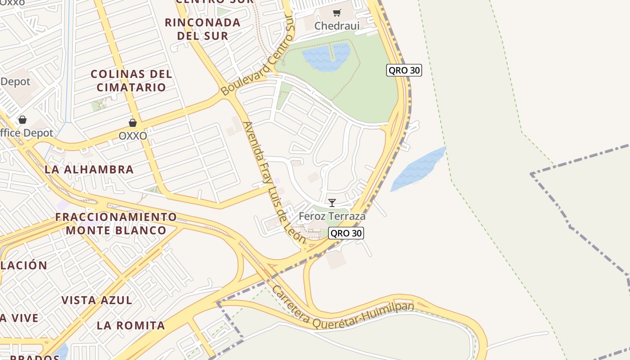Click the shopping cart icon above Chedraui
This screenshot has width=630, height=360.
(337, 13)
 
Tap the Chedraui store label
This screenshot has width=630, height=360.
(337, 26)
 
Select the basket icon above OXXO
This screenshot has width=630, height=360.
(133, 123)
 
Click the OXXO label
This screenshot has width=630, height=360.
(133, 135)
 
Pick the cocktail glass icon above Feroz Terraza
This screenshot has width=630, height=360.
(332, 203)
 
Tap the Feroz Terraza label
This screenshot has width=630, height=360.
(332, 216)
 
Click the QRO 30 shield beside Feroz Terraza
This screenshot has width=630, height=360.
(346, 233)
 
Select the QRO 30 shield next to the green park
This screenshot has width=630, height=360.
(404, 70)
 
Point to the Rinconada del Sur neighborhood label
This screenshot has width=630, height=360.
(202, 29)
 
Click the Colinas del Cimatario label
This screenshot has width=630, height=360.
(131, 81)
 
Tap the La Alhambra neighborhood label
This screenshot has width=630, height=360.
(89, 170)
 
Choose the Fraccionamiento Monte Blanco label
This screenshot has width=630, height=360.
(116, 224)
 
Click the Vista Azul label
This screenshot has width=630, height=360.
(97, 300)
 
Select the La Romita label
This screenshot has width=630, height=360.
(131, 325)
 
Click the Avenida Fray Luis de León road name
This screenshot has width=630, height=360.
(274, 183)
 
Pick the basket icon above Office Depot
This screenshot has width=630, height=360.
(22, 120)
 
